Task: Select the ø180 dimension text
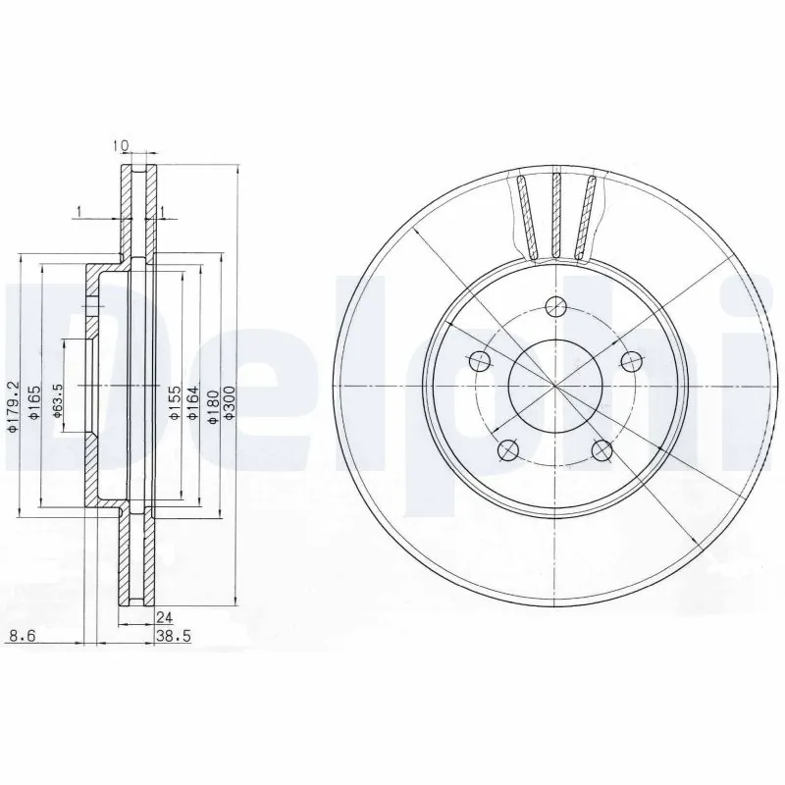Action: pos(210,403)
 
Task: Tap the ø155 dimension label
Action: pos(173,403)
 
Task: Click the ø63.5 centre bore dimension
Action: pos(58,403)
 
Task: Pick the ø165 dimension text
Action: pos(34,403)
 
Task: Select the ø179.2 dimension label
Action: pos(13,403)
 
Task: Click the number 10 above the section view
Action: pos(121,146)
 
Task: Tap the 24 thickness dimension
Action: pos(165,618)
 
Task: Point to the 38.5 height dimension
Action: pos(173,636)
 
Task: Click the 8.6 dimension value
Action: pos(20,636)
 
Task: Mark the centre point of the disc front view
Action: pos(555,386)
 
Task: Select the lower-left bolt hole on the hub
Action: pos(507,450)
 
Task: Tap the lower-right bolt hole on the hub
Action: pos(602,450)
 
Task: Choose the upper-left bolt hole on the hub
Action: pos(479,360)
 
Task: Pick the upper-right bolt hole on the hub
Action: pos(631,360)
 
